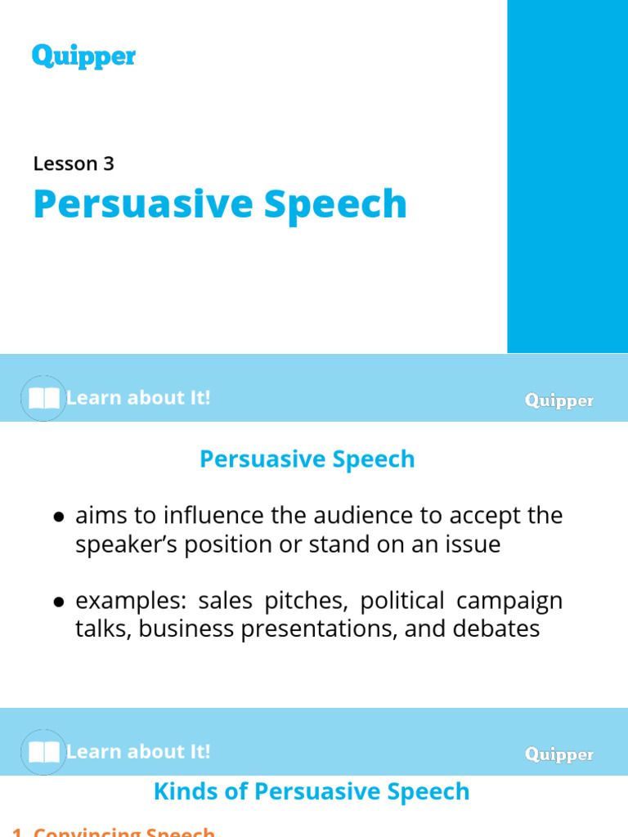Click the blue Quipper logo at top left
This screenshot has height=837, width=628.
coord(83,56)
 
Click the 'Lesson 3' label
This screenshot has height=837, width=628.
coord(74,163)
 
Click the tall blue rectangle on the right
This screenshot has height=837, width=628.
coord(567,176)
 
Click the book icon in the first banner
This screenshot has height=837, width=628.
coord(43,399)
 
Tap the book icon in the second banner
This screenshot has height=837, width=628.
coord(43,753)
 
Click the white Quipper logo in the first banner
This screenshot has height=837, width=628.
coord(559,401)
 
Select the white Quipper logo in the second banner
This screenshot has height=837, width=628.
coord(559,754)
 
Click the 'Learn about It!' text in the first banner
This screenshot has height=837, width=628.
coord(138,398)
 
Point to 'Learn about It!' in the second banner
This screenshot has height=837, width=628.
coord(138,752)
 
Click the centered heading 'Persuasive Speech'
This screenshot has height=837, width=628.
coord(307,459)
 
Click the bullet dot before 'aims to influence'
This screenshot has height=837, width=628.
coord(59,517)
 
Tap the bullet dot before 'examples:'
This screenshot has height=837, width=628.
coord(59,602)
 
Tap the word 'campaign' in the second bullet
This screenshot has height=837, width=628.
coord(509,602)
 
